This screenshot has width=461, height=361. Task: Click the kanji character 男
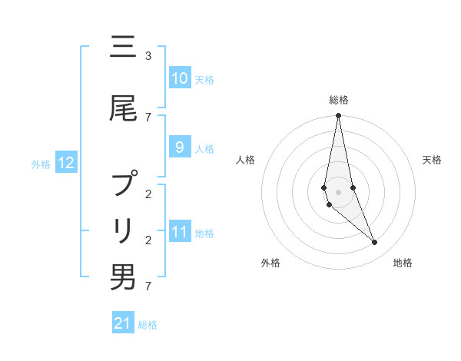[123, 277]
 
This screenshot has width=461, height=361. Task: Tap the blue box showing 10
[180, 78]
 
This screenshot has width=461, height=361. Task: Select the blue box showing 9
[180, 147]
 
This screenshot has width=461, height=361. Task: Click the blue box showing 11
[180, 232]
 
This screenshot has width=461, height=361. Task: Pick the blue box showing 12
[66, 163]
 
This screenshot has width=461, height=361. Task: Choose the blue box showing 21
[123, 323]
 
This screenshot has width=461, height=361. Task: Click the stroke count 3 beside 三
[148, 56]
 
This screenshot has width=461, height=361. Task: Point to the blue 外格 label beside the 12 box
[41, 164]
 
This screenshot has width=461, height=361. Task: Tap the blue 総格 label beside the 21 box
[148, 325]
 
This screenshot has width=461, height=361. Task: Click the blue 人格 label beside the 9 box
[204, 148]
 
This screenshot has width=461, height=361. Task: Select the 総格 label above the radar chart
[339, 100]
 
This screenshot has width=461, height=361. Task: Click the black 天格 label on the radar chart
[433, 160]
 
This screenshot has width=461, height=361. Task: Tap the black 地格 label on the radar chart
[403, 263]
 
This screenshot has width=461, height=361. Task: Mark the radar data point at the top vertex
[338, 116]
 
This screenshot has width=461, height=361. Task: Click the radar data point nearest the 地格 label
[375, 243]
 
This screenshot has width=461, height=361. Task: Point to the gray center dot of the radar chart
[338, 191]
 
